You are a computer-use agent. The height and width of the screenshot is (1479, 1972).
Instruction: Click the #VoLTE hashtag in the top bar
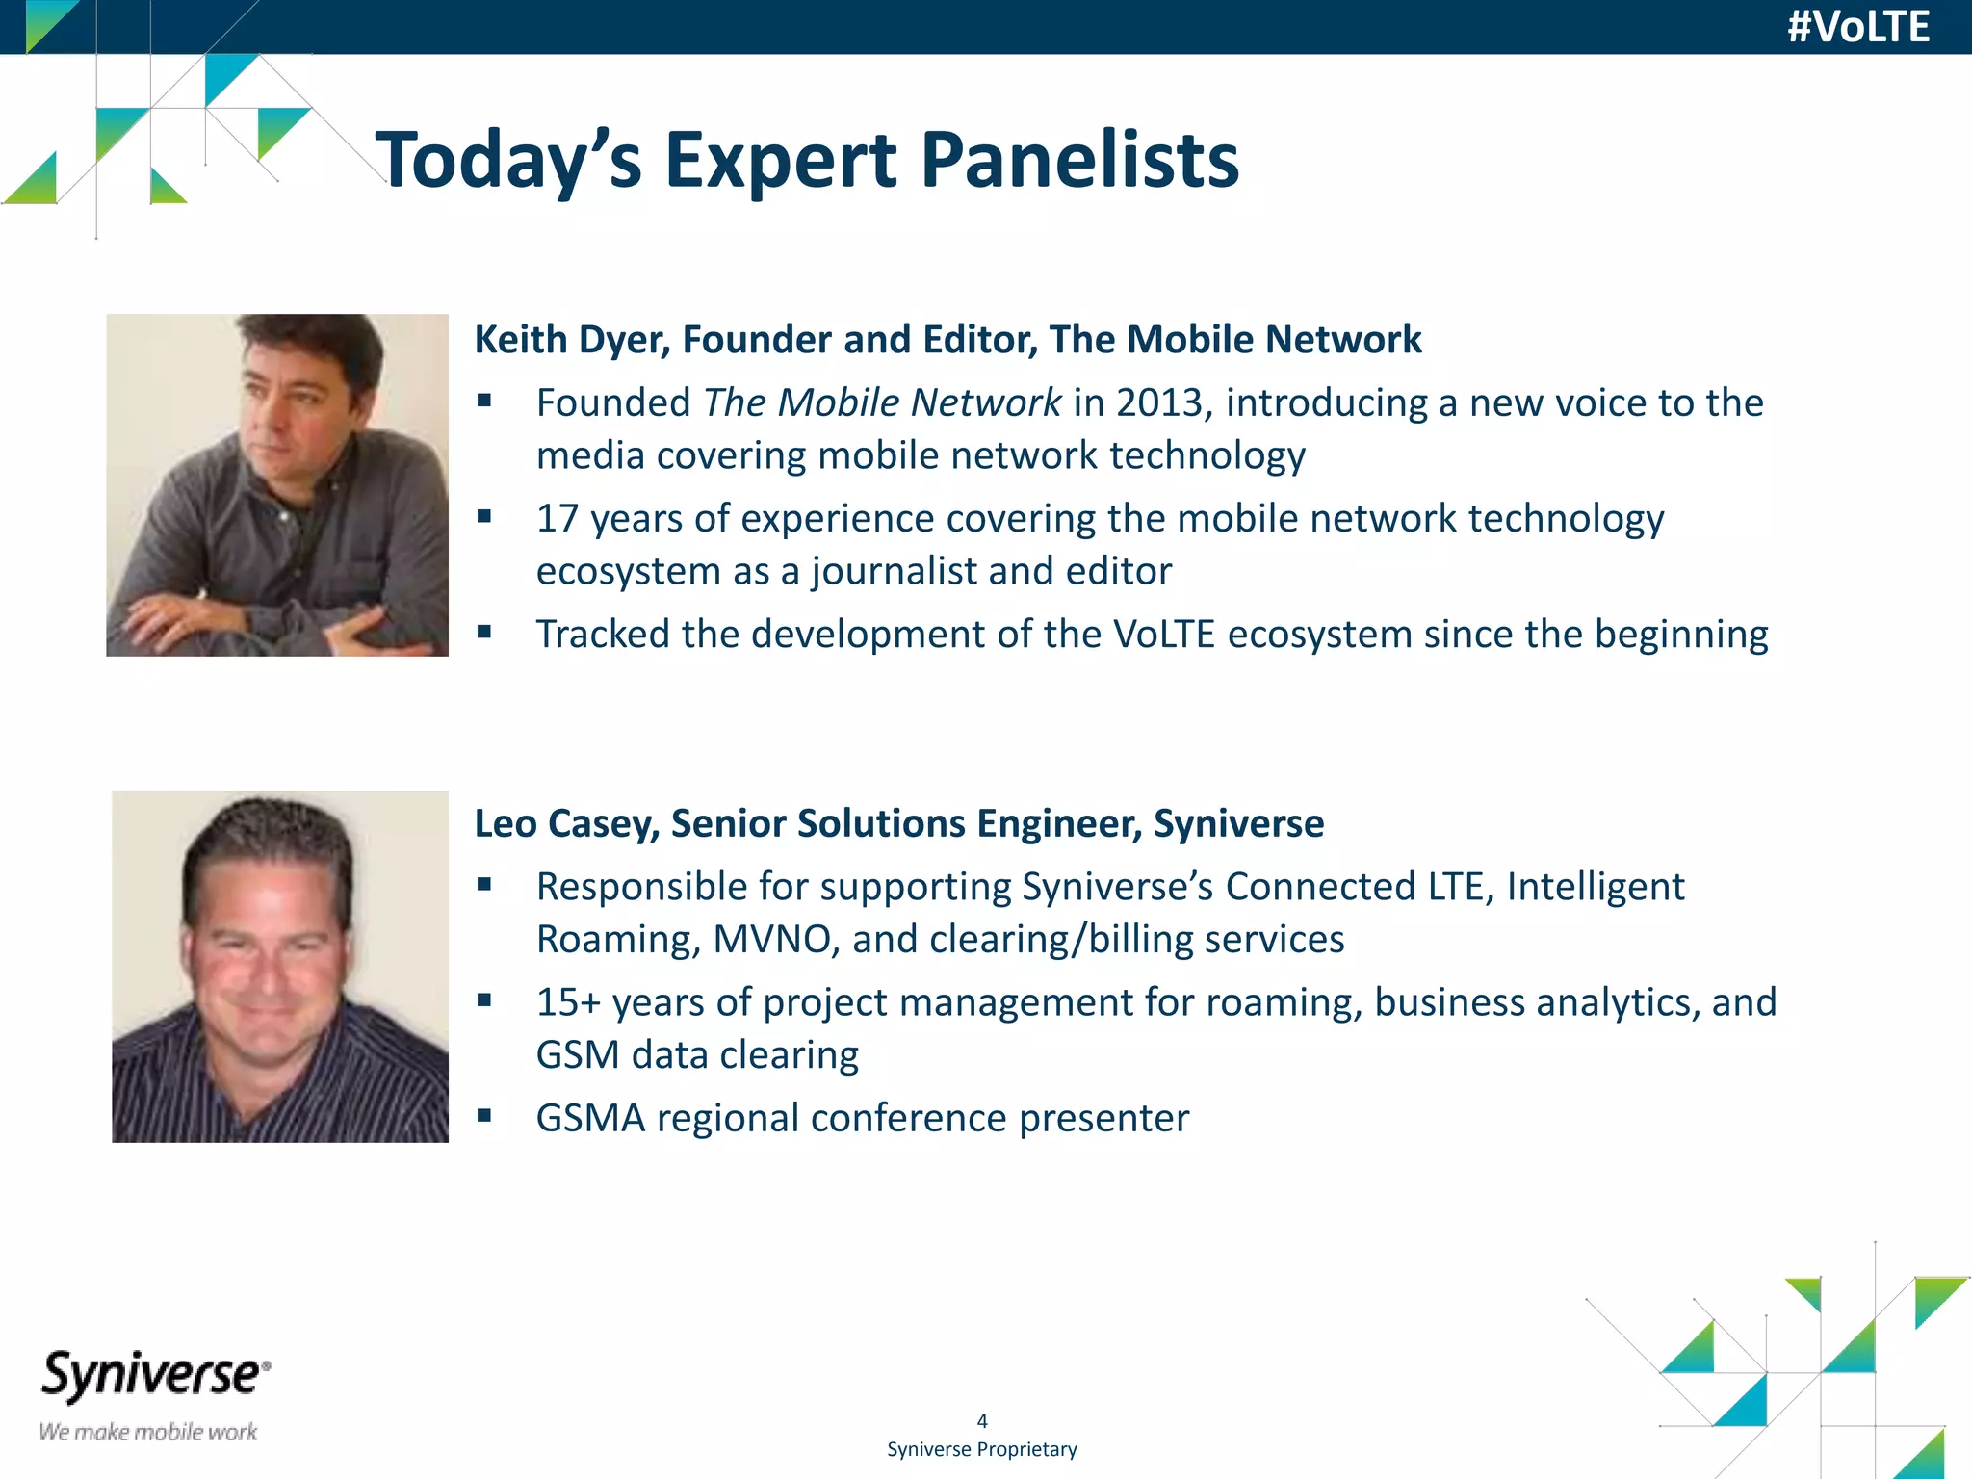(1857, 27)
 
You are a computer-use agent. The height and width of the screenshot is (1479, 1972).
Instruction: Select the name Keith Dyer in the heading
(572, 340)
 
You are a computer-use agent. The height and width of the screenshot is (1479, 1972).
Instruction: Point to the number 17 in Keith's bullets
(557, 519)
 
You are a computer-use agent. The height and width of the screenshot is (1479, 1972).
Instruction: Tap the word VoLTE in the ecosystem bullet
(1164, 635)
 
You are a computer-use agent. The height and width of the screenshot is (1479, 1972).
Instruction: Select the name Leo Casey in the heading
(566, 824)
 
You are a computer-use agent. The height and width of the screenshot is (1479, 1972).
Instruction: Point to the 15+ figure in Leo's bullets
(568, 1002)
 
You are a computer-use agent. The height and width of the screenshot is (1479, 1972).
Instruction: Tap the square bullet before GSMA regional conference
(484, 1116)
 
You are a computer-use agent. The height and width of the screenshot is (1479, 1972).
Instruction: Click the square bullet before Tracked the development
(484, 633)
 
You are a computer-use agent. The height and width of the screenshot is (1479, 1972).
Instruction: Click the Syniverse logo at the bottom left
(154, 1375)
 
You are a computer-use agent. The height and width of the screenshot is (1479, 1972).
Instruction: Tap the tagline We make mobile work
(148, 1432)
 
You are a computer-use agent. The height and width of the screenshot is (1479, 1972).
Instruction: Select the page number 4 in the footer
(982, 1421)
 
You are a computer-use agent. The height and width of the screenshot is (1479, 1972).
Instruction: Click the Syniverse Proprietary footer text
(982, 1449)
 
